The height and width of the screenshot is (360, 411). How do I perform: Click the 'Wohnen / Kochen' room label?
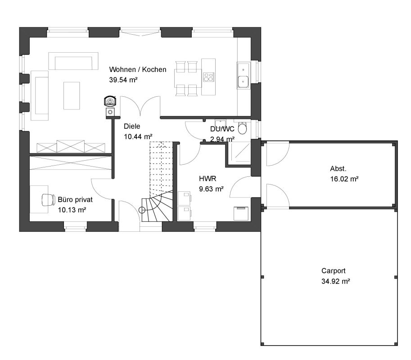(x=138, y=69)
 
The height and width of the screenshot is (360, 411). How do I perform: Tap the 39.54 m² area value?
(x=123, y=80)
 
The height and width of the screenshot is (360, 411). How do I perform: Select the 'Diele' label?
(x=132, y=126)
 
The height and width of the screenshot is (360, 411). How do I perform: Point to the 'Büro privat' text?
(x=75, y=200)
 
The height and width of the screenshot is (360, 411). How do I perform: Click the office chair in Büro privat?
(x=49, y=200)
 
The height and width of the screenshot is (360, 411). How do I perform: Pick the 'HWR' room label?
(x=208, y=179)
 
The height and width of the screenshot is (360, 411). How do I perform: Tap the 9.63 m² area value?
(x=211, y=189)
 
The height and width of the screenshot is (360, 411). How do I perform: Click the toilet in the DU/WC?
(x=242, y=128)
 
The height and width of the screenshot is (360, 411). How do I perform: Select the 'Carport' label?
(x=334, y=271)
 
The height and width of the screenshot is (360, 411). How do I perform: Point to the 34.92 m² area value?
(x=335, y=281)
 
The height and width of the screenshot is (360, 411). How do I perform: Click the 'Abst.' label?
(x=338, y=169)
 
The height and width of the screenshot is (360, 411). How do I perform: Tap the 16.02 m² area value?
(x=344, y=179)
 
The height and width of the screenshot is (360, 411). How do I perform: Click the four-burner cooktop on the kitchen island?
(x=208, y=77)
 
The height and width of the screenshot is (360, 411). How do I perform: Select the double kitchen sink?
(x=243, y=75)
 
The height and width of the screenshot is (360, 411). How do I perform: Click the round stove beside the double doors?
(x=110, y=101)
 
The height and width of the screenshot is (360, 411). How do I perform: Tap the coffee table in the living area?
(x=72, y=96)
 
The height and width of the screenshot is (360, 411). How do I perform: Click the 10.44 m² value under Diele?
(x=138, y=137)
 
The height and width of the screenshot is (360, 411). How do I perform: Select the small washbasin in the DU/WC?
(x=220, y=123)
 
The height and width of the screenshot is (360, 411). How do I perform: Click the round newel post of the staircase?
(x=142, y=210)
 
